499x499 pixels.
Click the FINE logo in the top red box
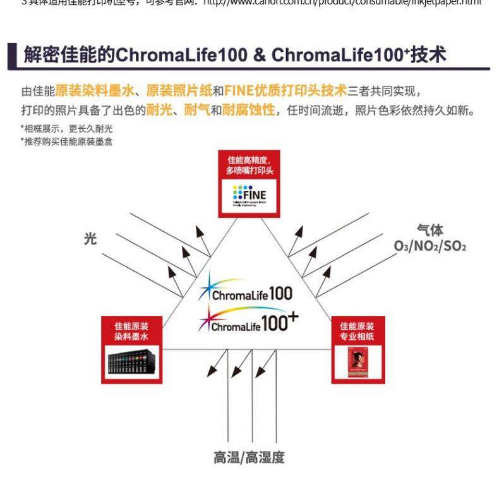(x=249, y=196)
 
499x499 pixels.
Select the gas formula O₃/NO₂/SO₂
(x=430, y=246)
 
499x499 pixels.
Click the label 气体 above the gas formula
(x=430, y=231)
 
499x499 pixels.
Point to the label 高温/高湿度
(x=249, y=457)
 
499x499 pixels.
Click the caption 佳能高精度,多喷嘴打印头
(x=249, y=165)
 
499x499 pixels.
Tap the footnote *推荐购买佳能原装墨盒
(x=66, y=141)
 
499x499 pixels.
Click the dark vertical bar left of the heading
(x=12, y=55)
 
